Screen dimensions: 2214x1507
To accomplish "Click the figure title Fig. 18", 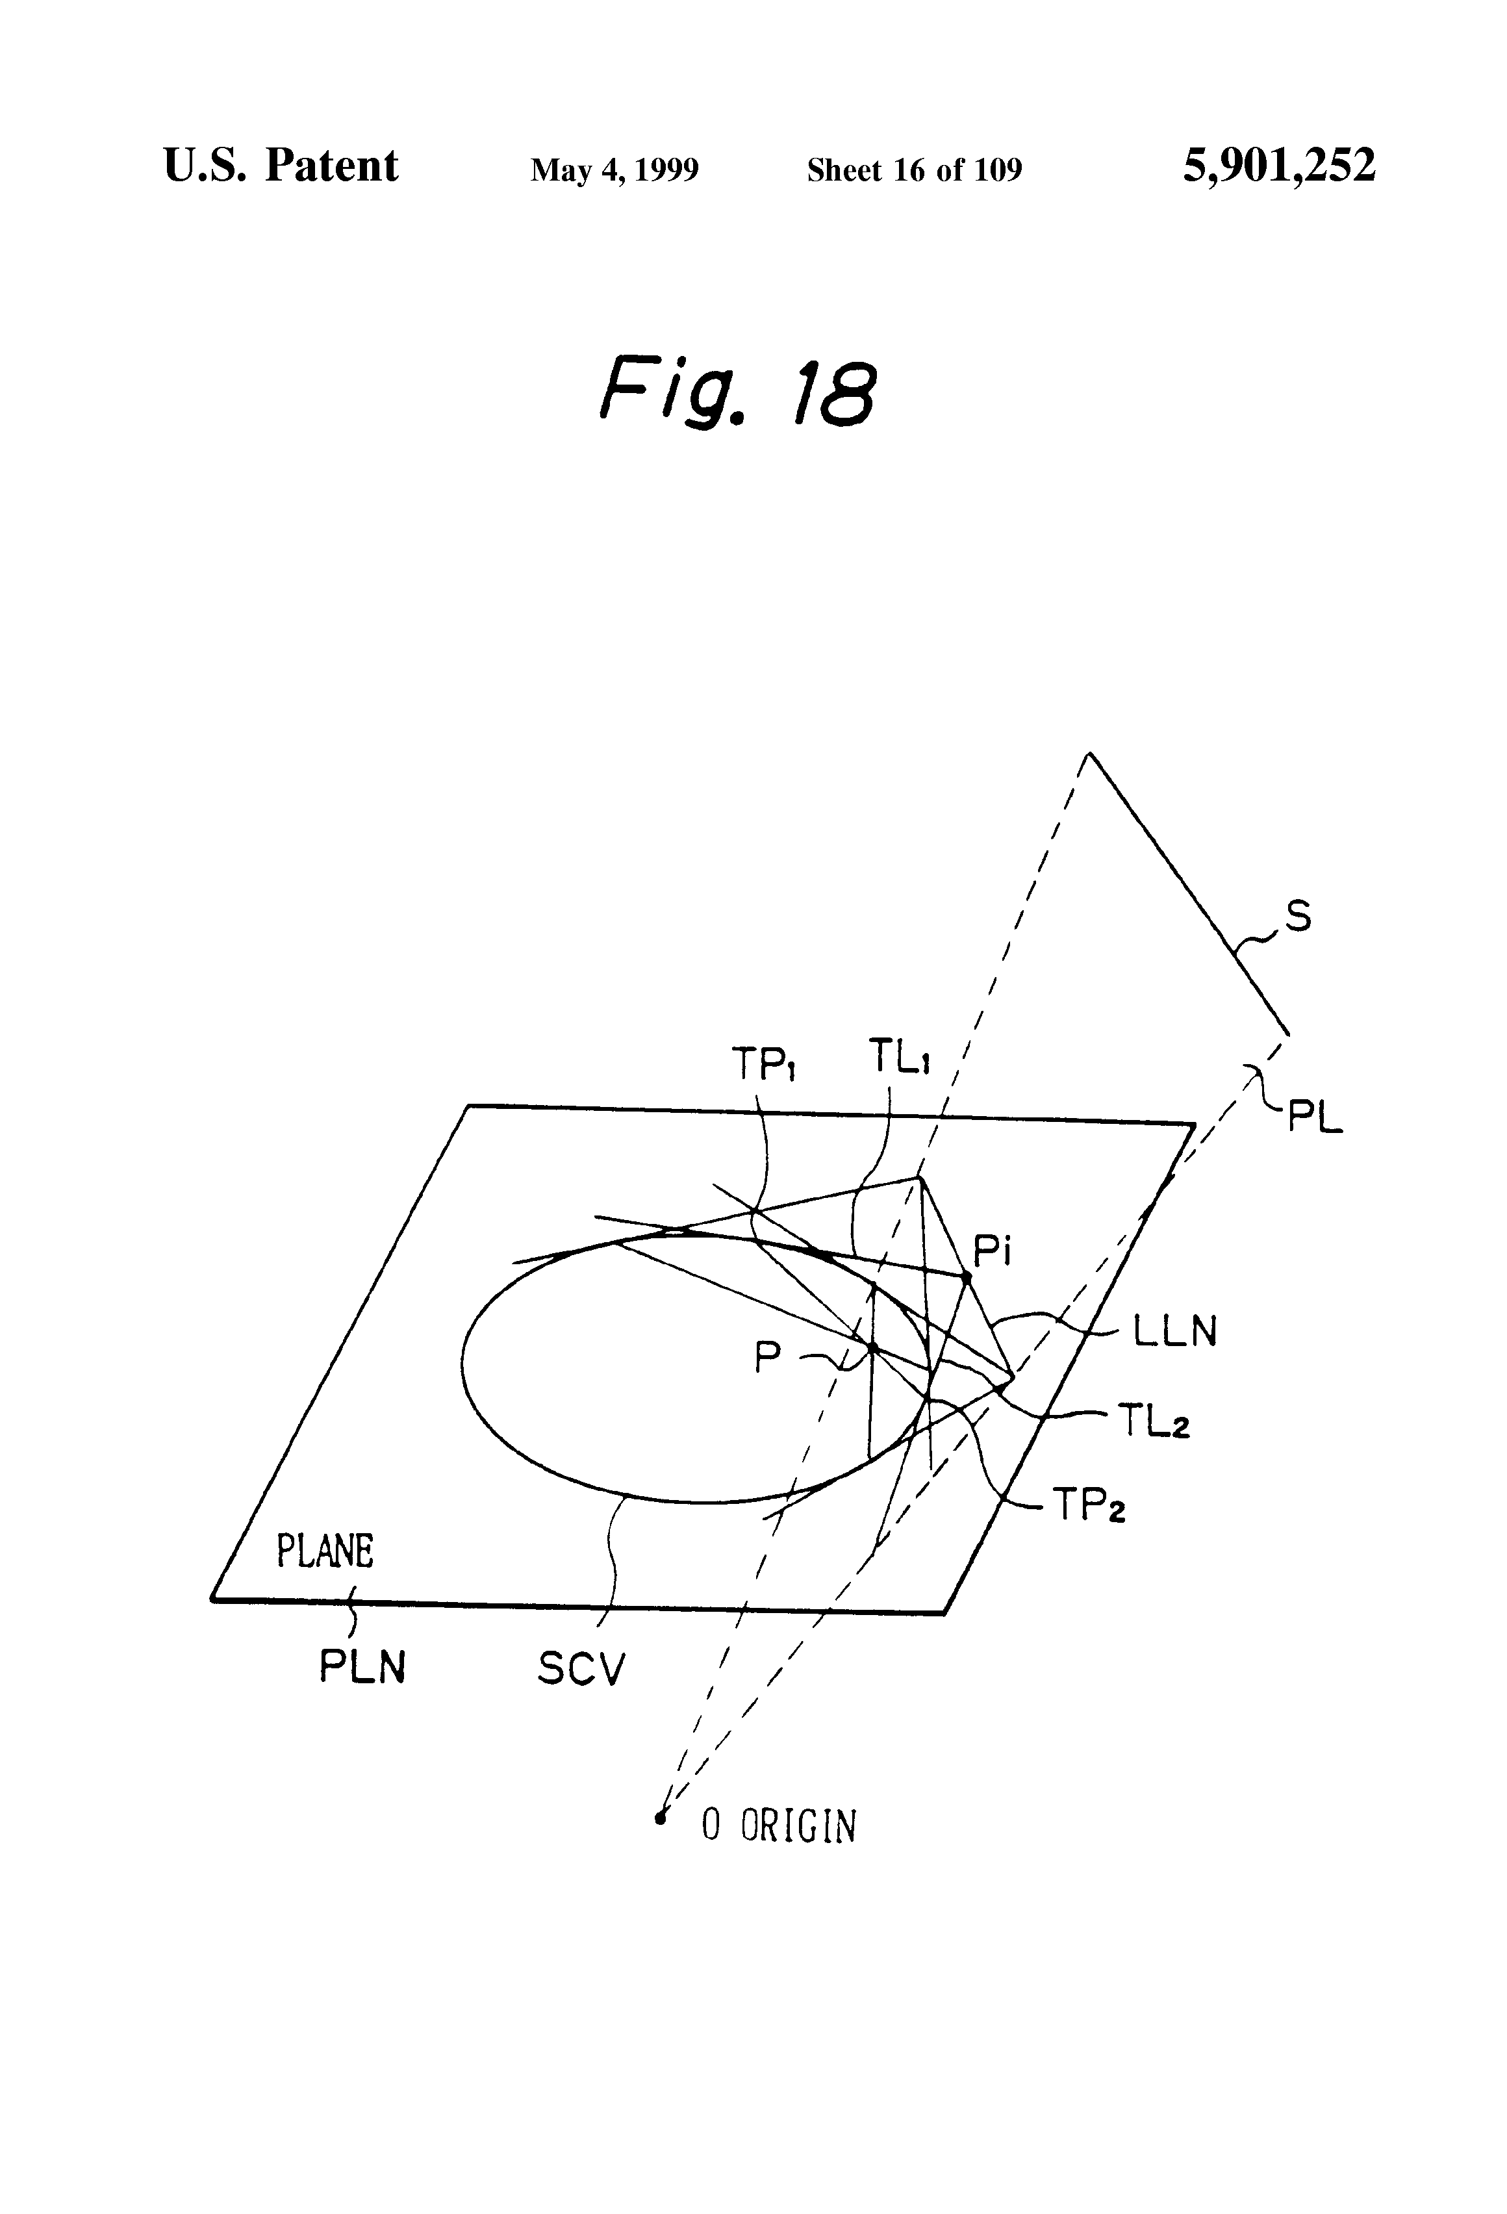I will point(737,392).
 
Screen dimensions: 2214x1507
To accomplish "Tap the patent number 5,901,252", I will point(1278,167).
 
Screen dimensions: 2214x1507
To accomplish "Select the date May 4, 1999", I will point(614,170).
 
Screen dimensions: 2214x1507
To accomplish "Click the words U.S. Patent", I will point(281,167).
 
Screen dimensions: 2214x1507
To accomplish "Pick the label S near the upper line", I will point(1297,917).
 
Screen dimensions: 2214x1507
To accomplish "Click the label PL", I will point(1315,1117).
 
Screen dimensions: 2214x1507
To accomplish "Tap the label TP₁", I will point(763,1064).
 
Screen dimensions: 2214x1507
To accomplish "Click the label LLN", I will point(1174,1332).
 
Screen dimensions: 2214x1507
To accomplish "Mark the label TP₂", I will point(1089,1506).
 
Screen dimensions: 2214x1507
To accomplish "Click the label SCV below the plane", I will point(581,1668).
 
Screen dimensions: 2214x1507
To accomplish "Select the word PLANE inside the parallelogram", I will point(325,1551).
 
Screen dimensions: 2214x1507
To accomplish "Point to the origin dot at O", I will point(659,1818).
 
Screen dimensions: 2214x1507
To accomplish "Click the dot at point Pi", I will point(966,1276).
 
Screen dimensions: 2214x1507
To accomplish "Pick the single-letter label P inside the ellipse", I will point(767,1358).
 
